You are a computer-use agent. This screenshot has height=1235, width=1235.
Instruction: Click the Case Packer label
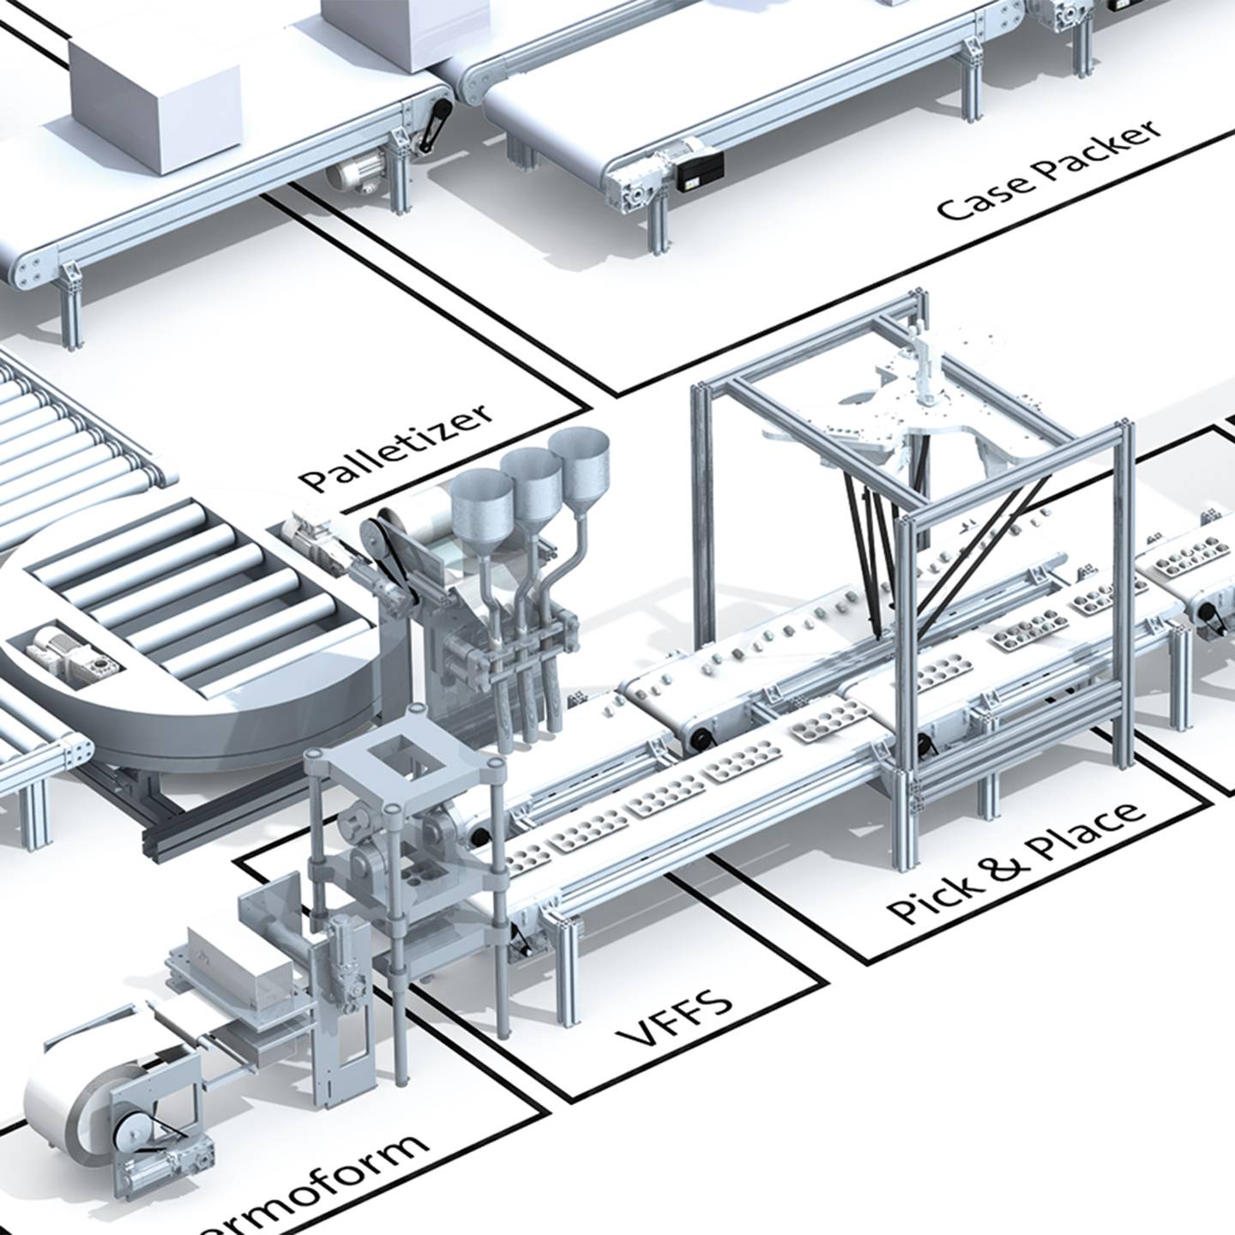pyautogui.click(x=1050, y=171)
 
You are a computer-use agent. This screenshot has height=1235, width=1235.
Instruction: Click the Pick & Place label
pyautogui.click(x=1016, y=861)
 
